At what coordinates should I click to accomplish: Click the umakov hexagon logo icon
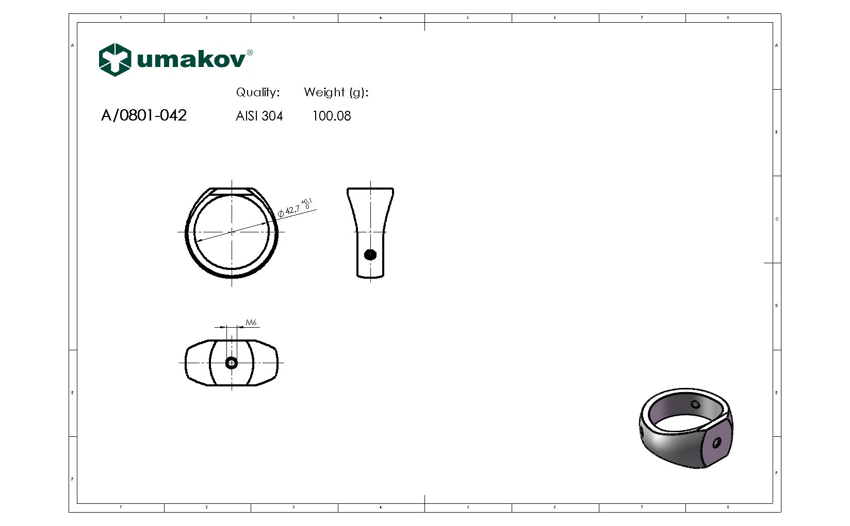pyautogui.click(x=115, y=60)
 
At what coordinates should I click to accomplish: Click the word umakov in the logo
pyautogui.click(x=191, y=60)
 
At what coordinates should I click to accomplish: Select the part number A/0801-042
pyautogui.click(x=144, y=115)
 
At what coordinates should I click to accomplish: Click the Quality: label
pyautogui.click(x=258, y=93)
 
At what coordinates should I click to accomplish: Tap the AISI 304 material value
pyautogui.click(x=259, y=116)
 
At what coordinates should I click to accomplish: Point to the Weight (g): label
pyautogui.click(x=336, y=93)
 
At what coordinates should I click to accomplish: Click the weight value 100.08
pyautogui.click(x=332, y=116)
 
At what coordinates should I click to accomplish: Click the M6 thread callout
pyautogui.click(x=251, y=323)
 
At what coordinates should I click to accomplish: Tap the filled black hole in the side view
pyautogui.click(x=370, y=254)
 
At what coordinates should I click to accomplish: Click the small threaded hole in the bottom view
pyautogui.click(x=232, y=363)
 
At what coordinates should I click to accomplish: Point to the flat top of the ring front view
pyautogui.click(x=232, y=190)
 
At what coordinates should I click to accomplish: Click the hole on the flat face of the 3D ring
pyautogui.click(x=716, y=443)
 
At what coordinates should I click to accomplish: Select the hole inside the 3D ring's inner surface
pyautogui.click(x=695, y=405)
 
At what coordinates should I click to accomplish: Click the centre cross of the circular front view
pyautogui.click(x=232, y=232)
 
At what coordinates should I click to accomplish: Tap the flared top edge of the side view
pyautogui.click(x=370, y=189)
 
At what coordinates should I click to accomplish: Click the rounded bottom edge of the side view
pyautogui.click(x=370, y=277)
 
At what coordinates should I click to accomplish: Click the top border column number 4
pyautogui.click(x=381, y=18)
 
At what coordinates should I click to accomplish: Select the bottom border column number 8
pyautogui.click(x=728, y=507)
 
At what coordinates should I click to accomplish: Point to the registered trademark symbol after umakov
pyautogui.click(x=250, y=53)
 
